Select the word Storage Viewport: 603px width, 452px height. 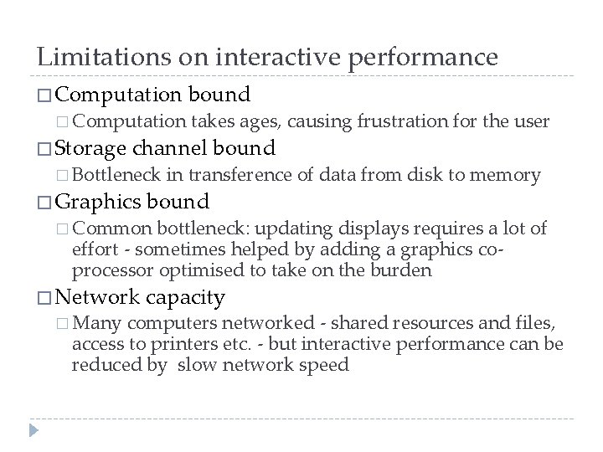pyautogui.click(x=90, y=149)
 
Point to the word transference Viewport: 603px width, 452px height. pyautogui.click(x=240, y=175)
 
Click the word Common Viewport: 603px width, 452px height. pyautogui.click(x=118, y=228)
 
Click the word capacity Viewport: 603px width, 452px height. pyautogui.click(x=185, y=296)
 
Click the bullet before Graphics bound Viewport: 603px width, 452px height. pyautogui.click(x=44, y=203)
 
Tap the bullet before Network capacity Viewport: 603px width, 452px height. pyautogui.click(x=44, y=297)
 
